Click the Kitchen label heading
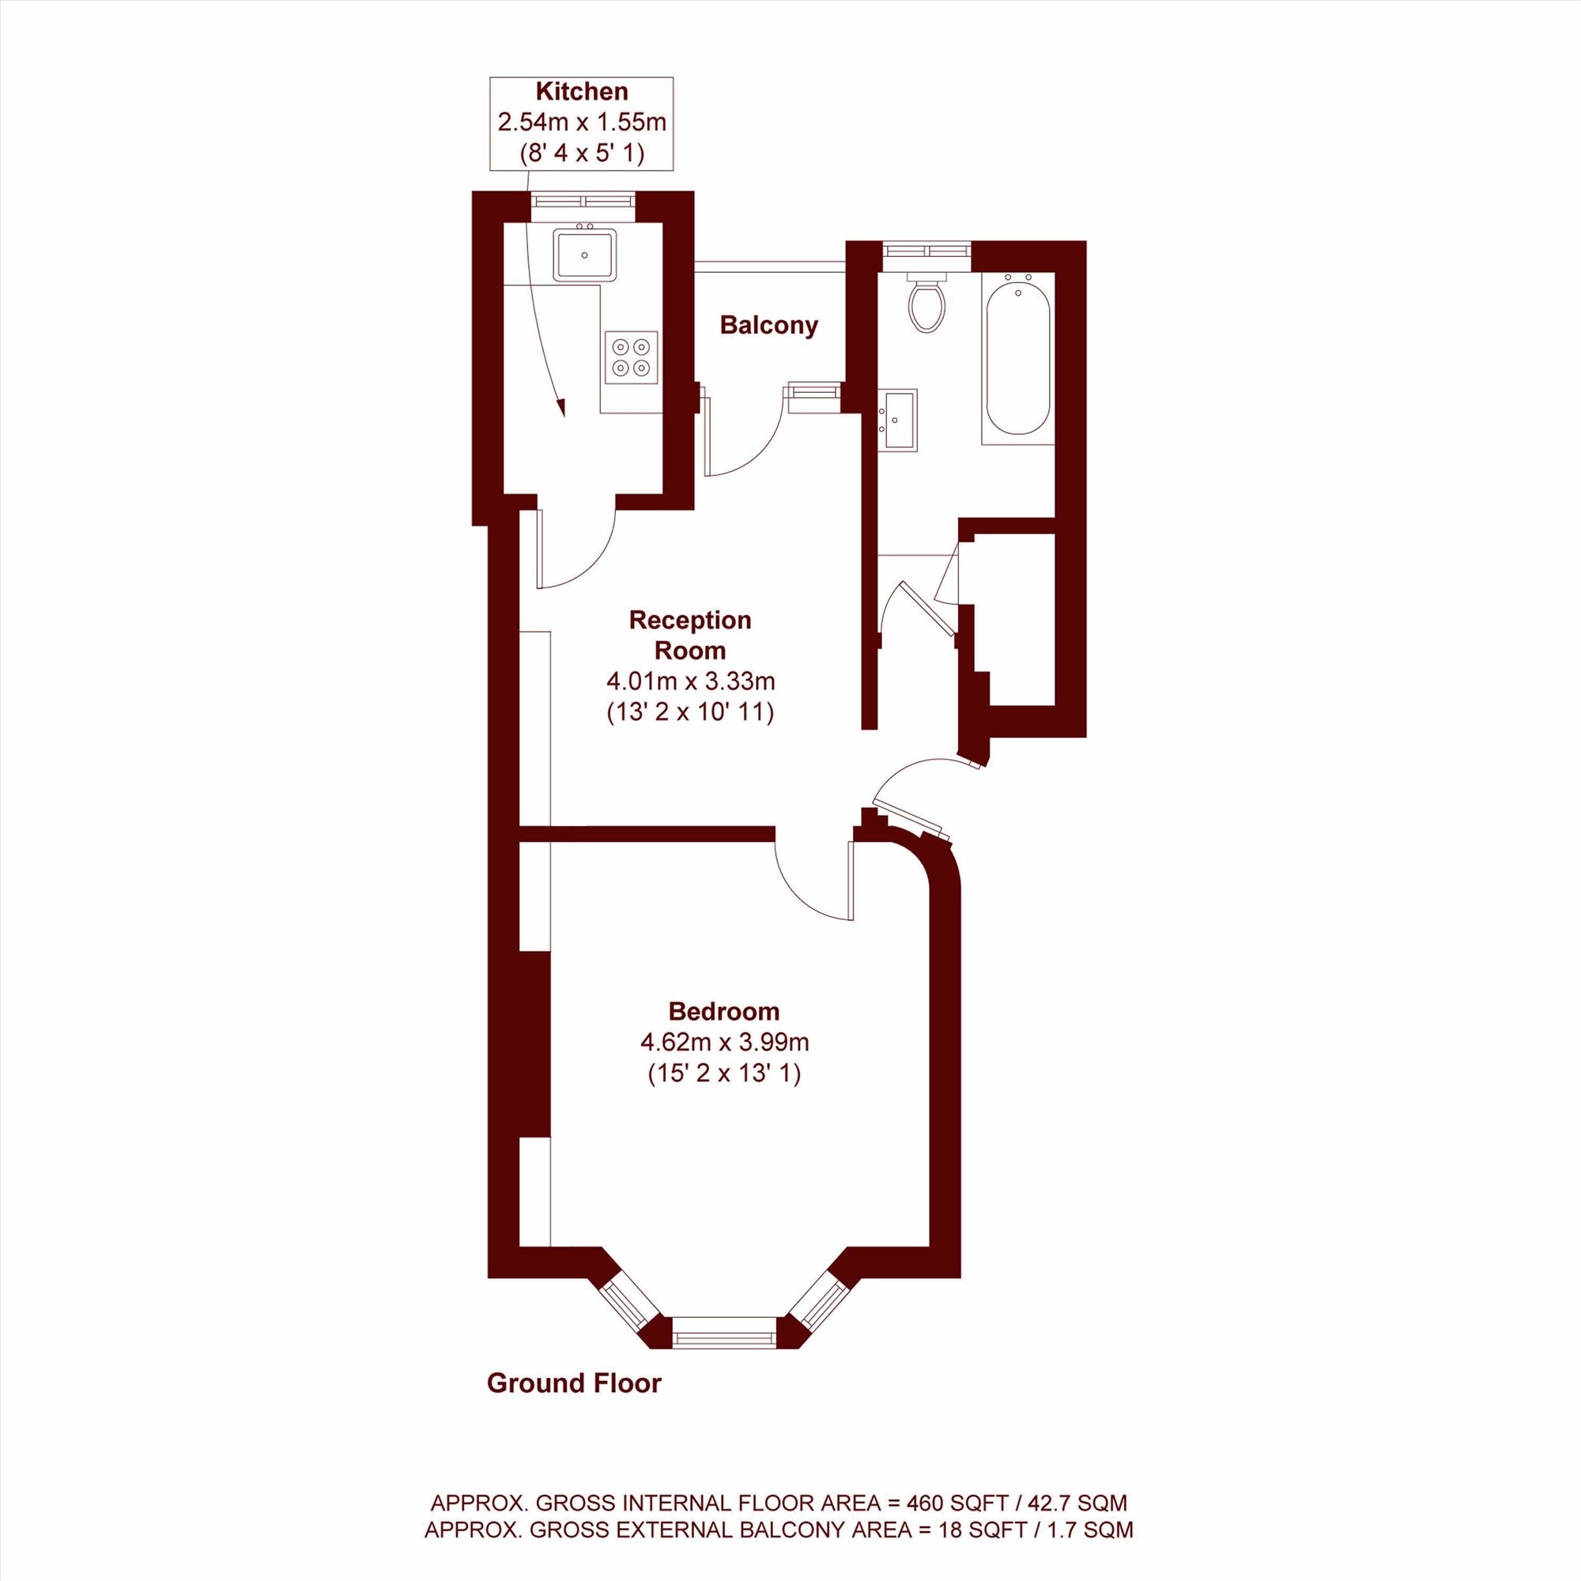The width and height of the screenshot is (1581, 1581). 582,92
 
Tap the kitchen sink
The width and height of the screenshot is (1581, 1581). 584,255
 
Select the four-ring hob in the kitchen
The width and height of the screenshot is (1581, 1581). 631,357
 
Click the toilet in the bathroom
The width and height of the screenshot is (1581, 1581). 927,301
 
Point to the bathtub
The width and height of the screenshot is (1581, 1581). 1018,355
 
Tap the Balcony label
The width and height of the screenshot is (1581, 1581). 768,326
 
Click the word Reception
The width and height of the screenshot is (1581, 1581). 690,621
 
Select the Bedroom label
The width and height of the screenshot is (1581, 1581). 724,1012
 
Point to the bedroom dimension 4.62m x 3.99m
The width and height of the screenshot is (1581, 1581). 724,1043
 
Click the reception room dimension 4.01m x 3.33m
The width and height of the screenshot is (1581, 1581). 690,681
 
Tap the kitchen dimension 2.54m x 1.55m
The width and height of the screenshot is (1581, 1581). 582,123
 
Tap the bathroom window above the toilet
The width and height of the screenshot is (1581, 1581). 927,250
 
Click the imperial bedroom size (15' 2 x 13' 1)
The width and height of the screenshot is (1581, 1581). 724,1073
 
